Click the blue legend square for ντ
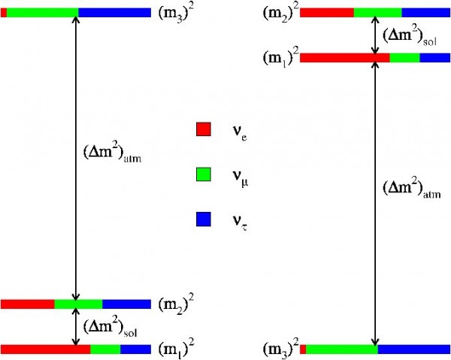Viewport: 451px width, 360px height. [x=203, y=220]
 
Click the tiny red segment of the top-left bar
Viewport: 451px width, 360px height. [x=4, y=13]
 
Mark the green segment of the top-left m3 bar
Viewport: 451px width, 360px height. [x=42, y=13]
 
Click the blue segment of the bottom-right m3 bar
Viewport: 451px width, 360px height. [x=413, y=349]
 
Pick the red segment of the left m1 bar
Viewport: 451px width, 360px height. [x=45, y=349]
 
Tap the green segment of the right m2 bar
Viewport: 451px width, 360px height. [x=377, y=13]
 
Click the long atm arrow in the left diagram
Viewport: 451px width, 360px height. [x=74, y=225]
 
